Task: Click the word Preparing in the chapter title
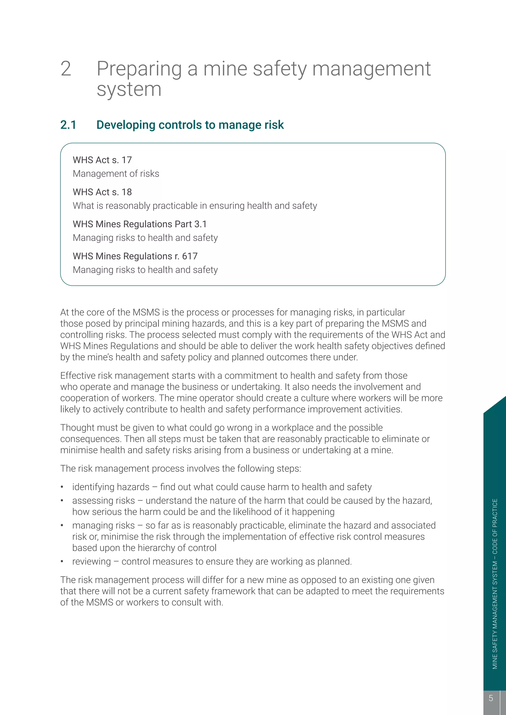(139, 69)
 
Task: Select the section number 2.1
(68, 125)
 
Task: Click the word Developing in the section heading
(126, 125)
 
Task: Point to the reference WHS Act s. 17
(102, 160)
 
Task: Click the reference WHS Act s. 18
(102, 192)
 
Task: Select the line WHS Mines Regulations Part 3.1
(140, 224)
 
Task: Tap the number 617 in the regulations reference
(190, 256)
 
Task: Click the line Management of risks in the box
(116, 174)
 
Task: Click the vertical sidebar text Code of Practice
(495, 526)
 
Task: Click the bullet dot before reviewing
(62, 561)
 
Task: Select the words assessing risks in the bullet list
(104, 501)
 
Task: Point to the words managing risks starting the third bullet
(104, 526)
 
